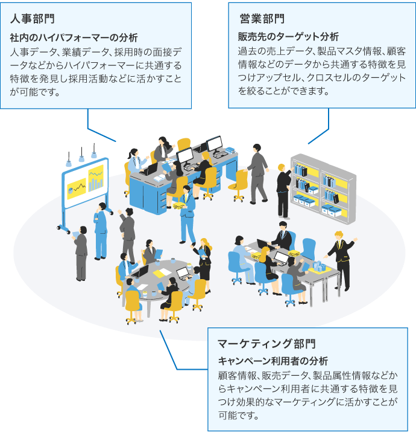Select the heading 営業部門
point(262,19)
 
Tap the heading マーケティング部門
point(266,344)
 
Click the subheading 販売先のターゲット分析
point(289,37)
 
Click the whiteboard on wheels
point(84,187)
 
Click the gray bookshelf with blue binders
point(323,184)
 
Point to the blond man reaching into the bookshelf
point(283,190)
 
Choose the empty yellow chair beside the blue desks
point(239,184)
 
